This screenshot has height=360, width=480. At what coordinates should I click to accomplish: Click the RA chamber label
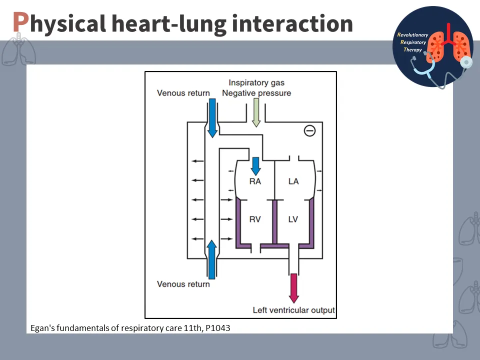coord(255,181)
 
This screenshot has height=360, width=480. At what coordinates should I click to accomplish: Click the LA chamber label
coord(293,181)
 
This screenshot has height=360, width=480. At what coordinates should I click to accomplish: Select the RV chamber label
coord(255,218)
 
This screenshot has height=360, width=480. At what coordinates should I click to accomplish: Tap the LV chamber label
coord(293,218)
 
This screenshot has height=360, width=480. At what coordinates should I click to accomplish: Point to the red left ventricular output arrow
coord(294,287)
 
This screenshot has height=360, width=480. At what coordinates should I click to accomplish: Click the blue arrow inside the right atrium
coord(255,164)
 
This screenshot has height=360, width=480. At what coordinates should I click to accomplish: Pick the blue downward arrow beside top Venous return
coord(212,117)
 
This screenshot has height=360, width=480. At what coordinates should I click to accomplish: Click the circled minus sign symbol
coord(310,131)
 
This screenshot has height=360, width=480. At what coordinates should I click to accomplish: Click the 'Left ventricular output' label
coord(294,310)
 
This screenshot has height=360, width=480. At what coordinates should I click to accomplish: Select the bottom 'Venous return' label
coord(183,284)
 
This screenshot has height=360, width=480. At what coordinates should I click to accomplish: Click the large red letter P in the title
coord(20,22)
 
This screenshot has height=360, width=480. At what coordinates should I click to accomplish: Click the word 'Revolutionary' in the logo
coord(413,35)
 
